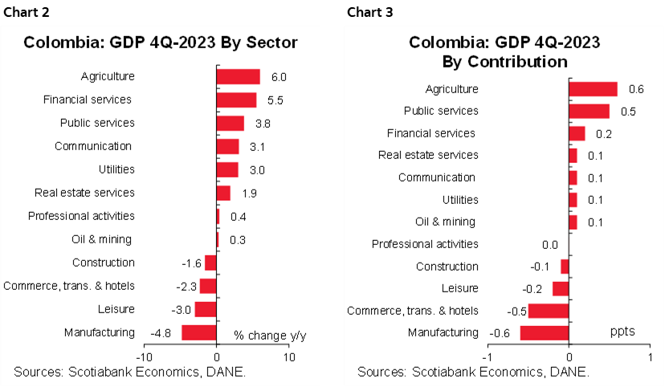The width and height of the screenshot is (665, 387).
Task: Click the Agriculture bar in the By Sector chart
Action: pos(238,76)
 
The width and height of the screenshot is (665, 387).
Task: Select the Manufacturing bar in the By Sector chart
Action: pos(198,332)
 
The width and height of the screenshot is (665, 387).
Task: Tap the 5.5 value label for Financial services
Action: pos(274,100)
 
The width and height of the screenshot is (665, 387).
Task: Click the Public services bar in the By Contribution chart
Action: pos(589,111)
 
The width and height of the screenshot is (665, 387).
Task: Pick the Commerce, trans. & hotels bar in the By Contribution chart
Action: pos(548,311)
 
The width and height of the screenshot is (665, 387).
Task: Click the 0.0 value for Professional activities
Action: pos(550,244)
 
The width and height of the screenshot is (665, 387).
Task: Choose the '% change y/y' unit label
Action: pos(271,334)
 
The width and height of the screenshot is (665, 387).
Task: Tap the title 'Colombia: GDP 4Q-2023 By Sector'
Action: pos(161,43)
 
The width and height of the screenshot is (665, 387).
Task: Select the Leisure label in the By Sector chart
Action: pos(115,309)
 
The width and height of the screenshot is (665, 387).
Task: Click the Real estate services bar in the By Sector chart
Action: pos(223,193)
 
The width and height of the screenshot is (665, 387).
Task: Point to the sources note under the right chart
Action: pos(473,372)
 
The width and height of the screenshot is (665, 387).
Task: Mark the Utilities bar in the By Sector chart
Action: pos(227,169)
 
